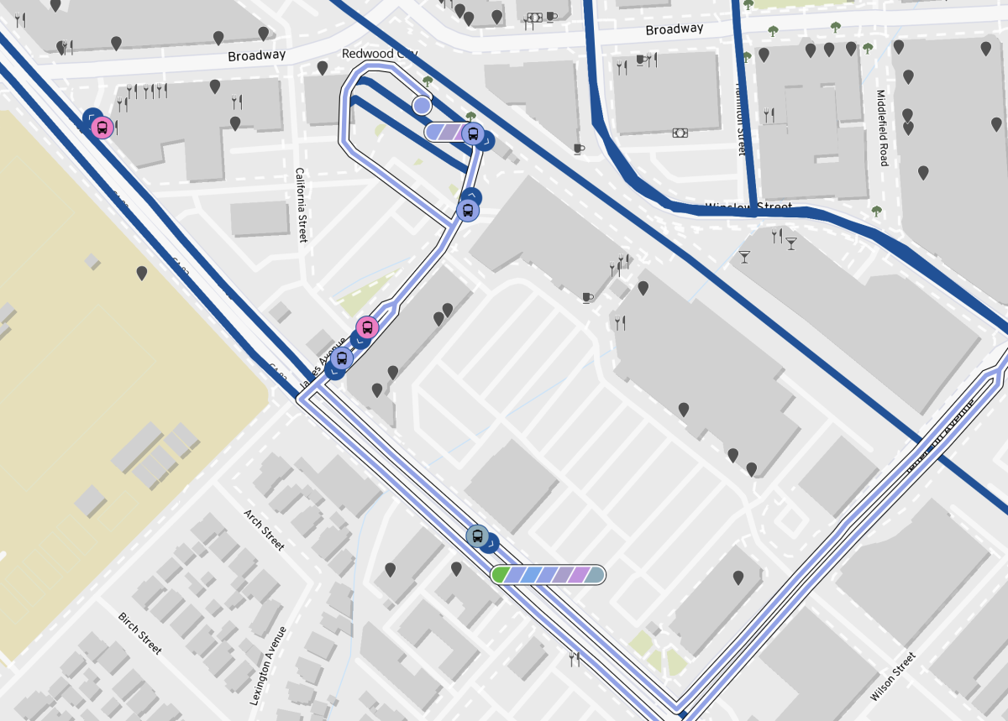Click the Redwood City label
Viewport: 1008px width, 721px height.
[380, 54]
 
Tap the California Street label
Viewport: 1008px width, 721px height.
[300, 205]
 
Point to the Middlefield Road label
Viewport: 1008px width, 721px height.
[880, 128]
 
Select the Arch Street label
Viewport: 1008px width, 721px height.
[264, 530]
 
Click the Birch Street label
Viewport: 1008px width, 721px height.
[139, 633]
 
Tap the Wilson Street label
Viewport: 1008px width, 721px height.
[892, 677]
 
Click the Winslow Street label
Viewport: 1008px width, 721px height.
[748, 206]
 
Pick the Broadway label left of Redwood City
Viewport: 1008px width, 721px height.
[256, 55]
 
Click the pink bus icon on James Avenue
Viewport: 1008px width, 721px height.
[366, 327]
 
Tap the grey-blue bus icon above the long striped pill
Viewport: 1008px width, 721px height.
[477, 536]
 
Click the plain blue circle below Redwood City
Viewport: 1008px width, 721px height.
[422, 105]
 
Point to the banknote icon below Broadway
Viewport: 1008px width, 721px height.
[680, 133]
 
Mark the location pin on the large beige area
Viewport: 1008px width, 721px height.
[142, 273]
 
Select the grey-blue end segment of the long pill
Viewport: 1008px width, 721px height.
[595, 575]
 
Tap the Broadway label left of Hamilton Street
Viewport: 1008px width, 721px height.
[674, 29]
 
